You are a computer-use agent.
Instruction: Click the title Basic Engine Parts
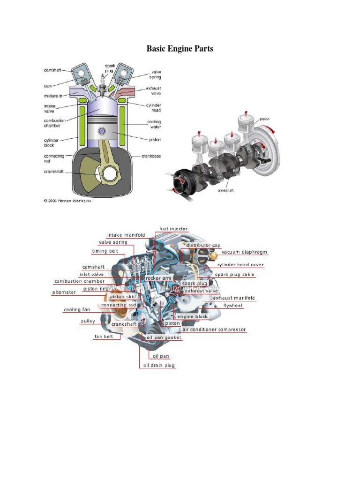point(180,49)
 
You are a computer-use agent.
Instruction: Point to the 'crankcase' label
point(151,156)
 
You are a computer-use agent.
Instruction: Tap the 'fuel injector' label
point(173,228)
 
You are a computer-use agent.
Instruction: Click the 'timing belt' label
point(105,251)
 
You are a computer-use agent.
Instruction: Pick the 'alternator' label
point(64,292)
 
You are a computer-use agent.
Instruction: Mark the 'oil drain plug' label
point(159,365)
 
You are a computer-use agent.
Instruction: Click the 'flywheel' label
point(233,305)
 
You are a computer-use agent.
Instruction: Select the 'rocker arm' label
point(158,278)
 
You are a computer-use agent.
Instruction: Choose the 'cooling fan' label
point(77,310)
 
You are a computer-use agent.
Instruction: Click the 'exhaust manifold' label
point(234,298)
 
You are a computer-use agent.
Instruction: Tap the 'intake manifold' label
point(126,235)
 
